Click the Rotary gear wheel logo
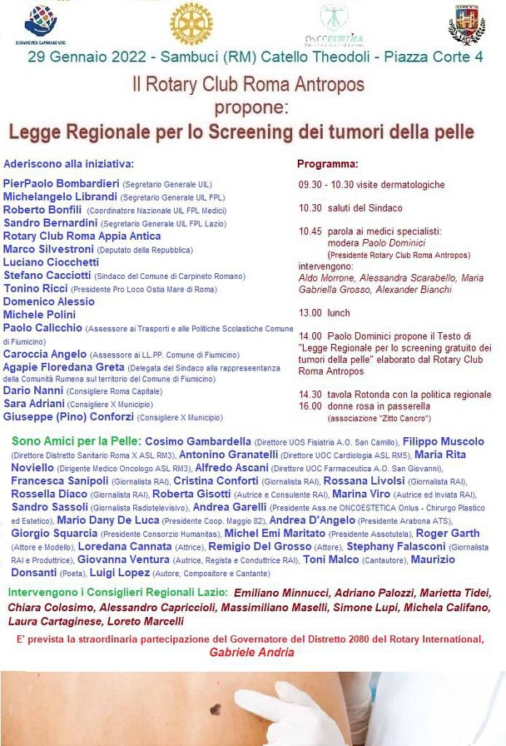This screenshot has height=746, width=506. tap(191, 23)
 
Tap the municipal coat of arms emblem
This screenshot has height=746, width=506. tap(467, 24)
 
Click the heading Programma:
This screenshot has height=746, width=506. tap(327, 163)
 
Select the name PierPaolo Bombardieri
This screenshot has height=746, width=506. tap(61, 183)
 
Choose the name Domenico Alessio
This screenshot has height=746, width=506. tap(49, 301)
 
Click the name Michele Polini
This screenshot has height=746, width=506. tap(40, 315)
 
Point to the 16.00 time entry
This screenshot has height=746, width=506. tap(310, 405)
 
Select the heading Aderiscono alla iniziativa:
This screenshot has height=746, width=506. tap(69, 164)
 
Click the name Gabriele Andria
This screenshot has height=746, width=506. tap(251, 652)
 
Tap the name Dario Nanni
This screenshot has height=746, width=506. tap(33, 390)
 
